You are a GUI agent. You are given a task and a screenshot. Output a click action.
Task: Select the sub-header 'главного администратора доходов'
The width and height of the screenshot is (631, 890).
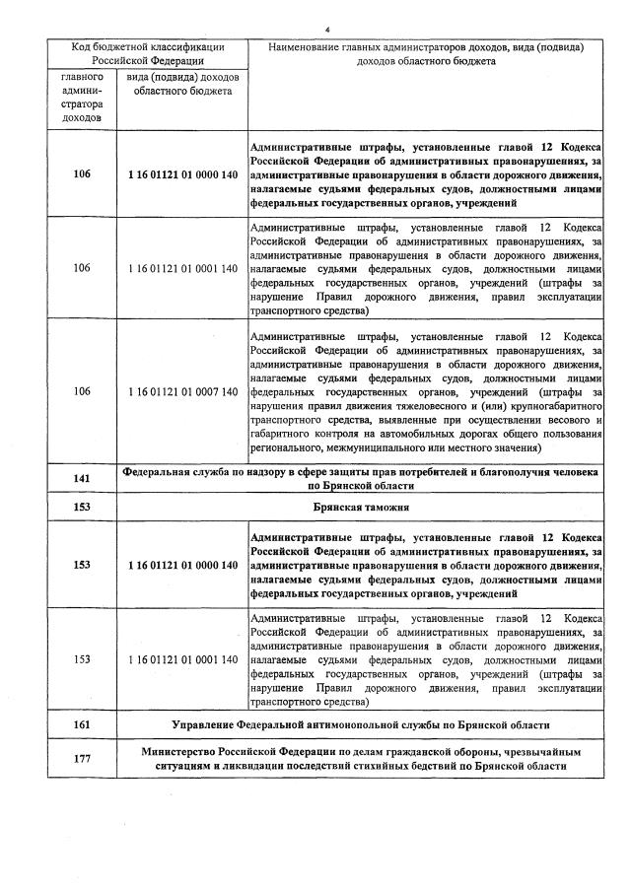click(x=82, y=97)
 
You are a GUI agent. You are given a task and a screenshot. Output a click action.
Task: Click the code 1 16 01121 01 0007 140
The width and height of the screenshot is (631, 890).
click(x=182, y=391)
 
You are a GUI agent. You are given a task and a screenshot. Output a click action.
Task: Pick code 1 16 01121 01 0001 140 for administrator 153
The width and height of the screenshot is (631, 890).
click(x=182, y=659)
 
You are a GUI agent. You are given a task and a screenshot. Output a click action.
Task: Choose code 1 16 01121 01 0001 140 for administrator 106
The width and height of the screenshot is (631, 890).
click(x=182, y=268)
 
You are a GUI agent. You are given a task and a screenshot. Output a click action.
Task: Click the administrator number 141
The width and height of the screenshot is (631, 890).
click(x=82, y=479)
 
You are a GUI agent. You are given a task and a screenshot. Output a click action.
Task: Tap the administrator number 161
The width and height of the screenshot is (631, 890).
click(x=82, y=725)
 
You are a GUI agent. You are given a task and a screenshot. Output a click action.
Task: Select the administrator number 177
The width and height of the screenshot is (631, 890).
click(x=82, y=759)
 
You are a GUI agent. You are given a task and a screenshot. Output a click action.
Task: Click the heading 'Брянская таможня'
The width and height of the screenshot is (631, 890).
click(x=361, y=507)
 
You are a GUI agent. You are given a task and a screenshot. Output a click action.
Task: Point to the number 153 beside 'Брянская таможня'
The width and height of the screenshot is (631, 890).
click(x=82, y=507)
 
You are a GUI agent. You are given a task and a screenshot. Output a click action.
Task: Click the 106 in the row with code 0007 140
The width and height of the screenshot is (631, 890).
click(x=82, y=391)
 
